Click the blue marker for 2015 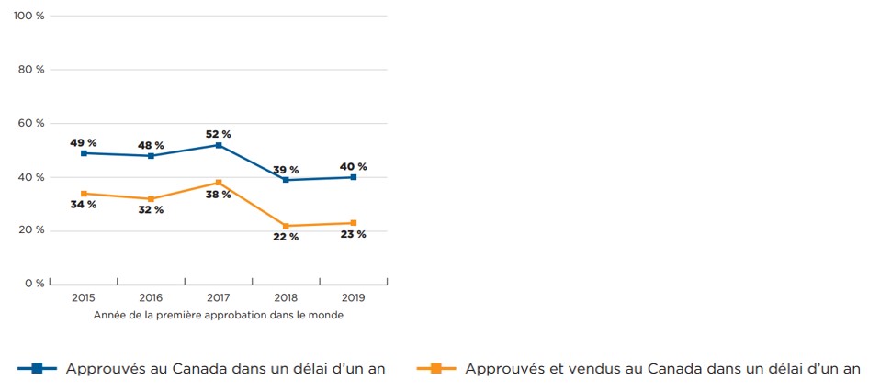84,153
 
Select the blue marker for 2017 219,145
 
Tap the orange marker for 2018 287,226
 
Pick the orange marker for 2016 152,199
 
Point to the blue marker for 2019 354,177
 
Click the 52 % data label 219,134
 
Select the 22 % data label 286,237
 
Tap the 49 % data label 84,142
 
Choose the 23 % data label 354,234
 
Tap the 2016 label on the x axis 152,298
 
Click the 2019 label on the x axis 354,298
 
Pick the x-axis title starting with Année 219,315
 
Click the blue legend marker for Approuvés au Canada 38,369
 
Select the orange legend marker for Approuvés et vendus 436,369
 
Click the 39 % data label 286,170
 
